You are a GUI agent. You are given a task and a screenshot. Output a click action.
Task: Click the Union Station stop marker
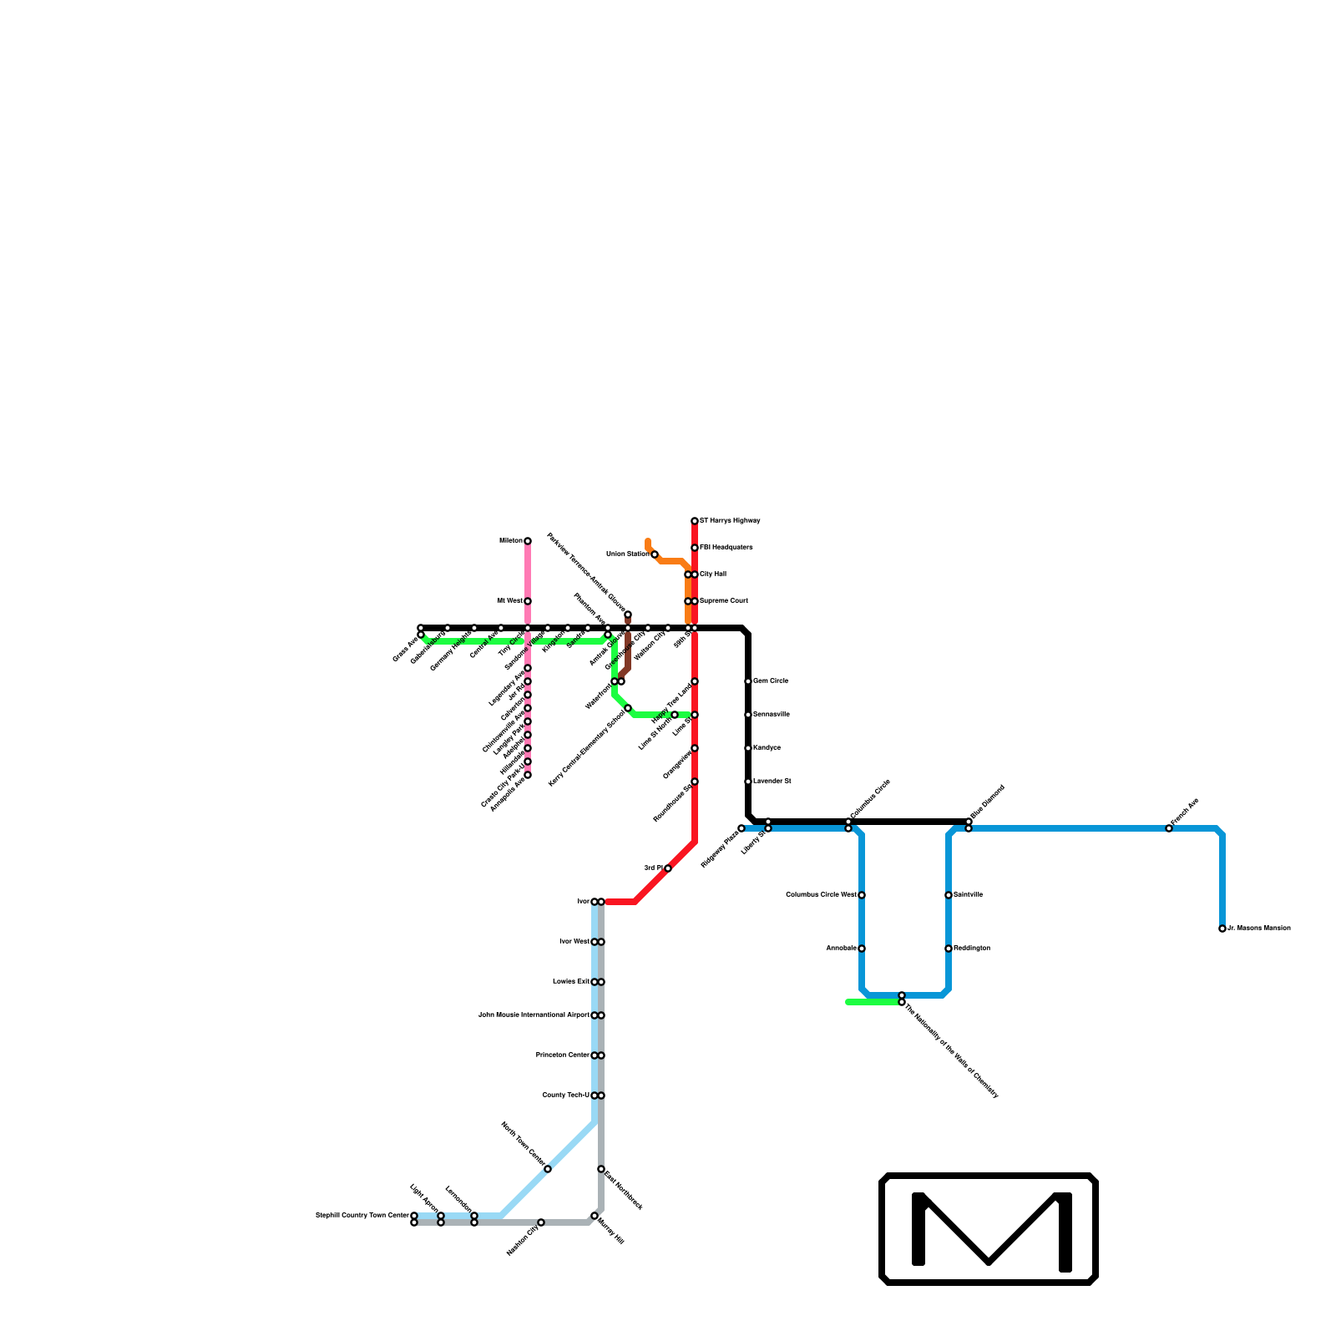pos(655,554)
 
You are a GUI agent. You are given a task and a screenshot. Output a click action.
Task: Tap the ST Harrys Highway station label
pos(730,521)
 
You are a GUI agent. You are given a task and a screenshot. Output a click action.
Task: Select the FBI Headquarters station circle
pos(695,548)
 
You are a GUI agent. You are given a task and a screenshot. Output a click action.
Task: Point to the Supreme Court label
pos(723,601)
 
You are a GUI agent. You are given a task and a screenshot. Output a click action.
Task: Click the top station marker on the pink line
pos(528,541)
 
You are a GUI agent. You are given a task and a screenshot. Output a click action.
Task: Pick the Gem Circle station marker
pos(748,681)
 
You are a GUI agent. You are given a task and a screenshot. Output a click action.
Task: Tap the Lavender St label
pos(772,782)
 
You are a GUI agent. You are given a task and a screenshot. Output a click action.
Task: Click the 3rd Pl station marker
pos(668,868)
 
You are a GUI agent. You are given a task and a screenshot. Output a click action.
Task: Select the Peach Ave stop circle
pos(1169,828)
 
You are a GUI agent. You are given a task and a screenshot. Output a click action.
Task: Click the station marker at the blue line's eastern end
pos(1222,929)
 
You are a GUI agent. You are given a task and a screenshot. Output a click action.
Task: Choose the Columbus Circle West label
pos(821,895)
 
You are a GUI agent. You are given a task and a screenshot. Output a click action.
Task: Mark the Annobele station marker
pos(862,949)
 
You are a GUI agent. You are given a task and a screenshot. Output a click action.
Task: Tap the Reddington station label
pos(972,949)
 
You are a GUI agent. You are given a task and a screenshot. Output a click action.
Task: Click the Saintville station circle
pos(949,895)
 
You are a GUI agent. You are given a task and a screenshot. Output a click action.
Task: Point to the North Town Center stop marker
pos(548,1169)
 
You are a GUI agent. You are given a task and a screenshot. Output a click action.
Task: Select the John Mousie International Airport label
pos(533,1015)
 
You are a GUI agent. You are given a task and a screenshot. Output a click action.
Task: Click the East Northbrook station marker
pos(601,1169)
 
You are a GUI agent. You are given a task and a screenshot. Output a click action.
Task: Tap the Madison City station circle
pos(541,1222)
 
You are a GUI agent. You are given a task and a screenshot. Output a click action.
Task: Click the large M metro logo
pos(989,1228)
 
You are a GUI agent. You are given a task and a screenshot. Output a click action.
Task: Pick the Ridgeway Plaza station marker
pos(741,828)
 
